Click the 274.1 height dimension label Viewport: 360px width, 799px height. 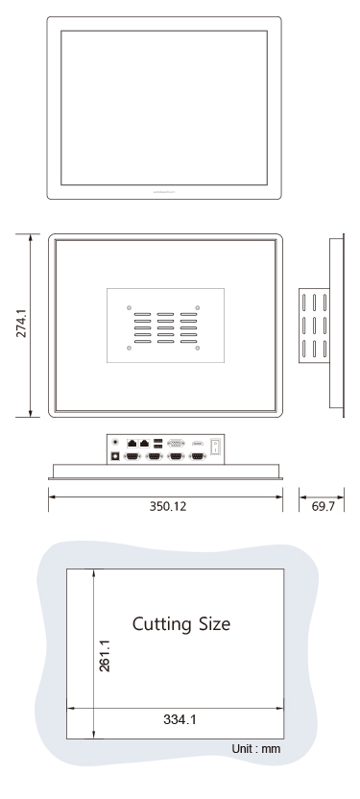[21, 323]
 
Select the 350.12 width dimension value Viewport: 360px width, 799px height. [168, 506]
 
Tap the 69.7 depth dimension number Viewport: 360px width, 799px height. [324, 507]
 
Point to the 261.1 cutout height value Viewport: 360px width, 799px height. [105, 656]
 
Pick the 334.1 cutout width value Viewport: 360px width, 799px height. [180, 719]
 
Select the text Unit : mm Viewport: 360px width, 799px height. [256, 748]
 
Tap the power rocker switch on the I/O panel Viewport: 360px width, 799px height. [215, 447]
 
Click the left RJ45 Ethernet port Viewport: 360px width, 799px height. [132, 444]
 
